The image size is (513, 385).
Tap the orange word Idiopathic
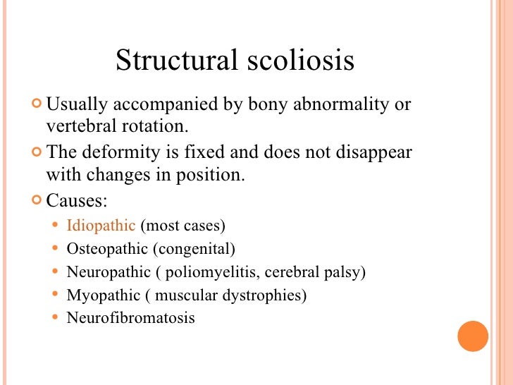pyautogui.click(x=101, y=226)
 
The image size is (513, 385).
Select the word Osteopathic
pyautogui.click(x=106, y=249)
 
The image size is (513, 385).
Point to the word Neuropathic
pyautogui.click(x=109, y=271)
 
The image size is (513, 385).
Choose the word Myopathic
pyautogui.click(x=103, y=295)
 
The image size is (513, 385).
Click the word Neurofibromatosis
pyautogui.click(x=130, y=317)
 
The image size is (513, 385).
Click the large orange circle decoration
pyautogui.click(x=473, y=336)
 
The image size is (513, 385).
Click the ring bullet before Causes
pyautogui.click(x=37, y=201)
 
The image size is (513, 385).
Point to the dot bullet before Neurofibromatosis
pyautogui.click(x=56, y=318)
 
